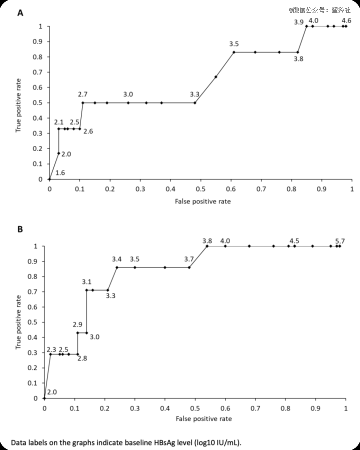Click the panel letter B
(20, 229)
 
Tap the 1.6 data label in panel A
(60, 172)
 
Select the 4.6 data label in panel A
(346, 20)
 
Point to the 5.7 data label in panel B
(340, 240)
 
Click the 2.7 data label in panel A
(82, 94)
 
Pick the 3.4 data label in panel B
(116, 259)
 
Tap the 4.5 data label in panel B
(294, 240)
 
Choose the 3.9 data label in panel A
(298, 22)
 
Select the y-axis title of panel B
(18, 322)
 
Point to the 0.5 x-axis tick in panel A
(200, 189)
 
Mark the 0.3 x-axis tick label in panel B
(135, 408)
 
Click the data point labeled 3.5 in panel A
(233, 52)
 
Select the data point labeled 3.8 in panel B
(207, 246)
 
